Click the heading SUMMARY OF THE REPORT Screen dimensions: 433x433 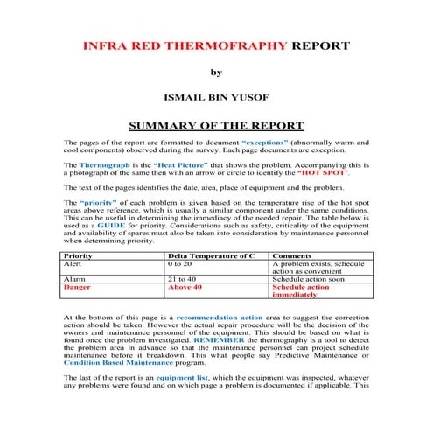point(215,126)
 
